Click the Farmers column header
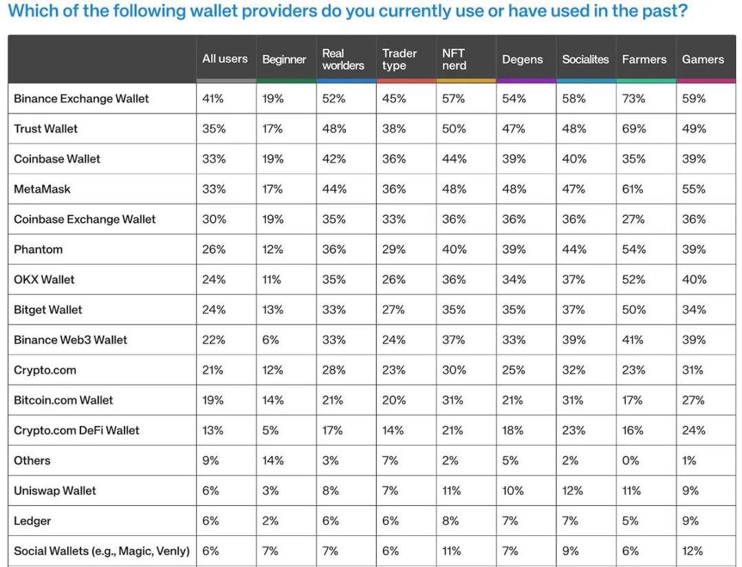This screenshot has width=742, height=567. coord(644,59)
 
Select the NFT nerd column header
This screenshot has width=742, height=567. coord(454,59)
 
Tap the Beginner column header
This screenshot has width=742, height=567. coord(284,60)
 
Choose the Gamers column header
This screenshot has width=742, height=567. coord(703,59)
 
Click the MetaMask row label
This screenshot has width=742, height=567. coord(42,189)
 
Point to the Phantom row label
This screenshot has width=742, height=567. coord(38,250)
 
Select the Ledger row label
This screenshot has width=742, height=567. coord(32,521)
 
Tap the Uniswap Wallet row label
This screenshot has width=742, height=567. coord(55,491)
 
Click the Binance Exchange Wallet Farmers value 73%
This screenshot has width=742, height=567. coord(633,98)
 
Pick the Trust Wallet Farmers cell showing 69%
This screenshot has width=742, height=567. coord(633,129)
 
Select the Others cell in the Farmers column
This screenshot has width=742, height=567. coord(631,460)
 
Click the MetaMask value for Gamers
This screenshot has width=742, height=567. coord(694,189)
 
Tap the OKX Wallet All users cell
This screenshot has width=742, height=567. coord(213,279)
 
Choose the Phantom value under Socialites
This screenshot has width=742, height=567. coord(574,250)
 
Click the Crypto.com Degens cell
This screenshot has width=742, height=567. coord(514,370)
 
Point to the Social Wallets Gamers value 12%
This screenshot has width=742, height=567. coord(692,550)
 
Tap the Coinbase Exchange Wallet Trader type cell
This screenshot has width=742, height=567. coord(394,220)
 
